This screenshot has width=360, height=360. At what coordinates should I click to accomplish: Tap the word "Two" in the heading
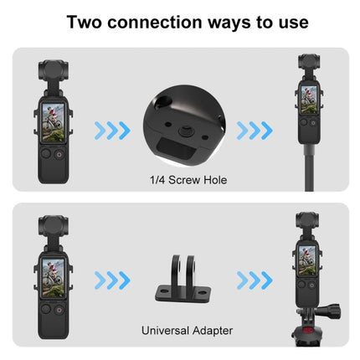tap(87, 22)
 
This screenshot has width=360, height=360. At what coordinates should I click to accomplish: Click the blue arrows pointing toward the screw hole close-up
tap(111, 130)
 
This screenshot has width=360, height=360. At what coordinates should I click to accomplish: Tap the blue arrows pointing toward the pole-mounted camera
tap(255, 130)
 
